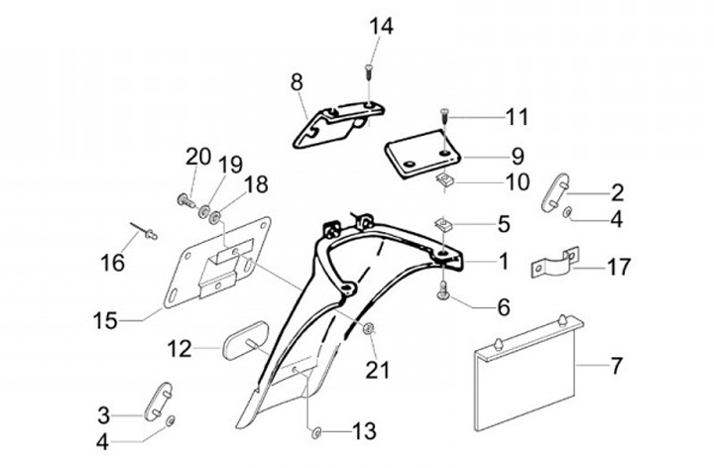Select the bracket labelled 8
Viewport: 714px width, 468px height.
[333, 124]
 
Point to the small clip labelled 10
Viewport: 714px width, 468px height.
[447, 181]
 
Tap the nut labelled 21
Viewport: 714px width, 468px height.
[369, 328]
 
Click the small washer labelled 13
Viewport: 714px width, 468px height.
[314, 431]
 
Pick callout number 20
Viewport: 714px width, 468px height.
[198, 156]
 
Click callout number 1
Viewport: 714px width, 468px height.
[503, 262]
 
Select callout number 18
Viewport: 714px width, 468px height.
[256, 183]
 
